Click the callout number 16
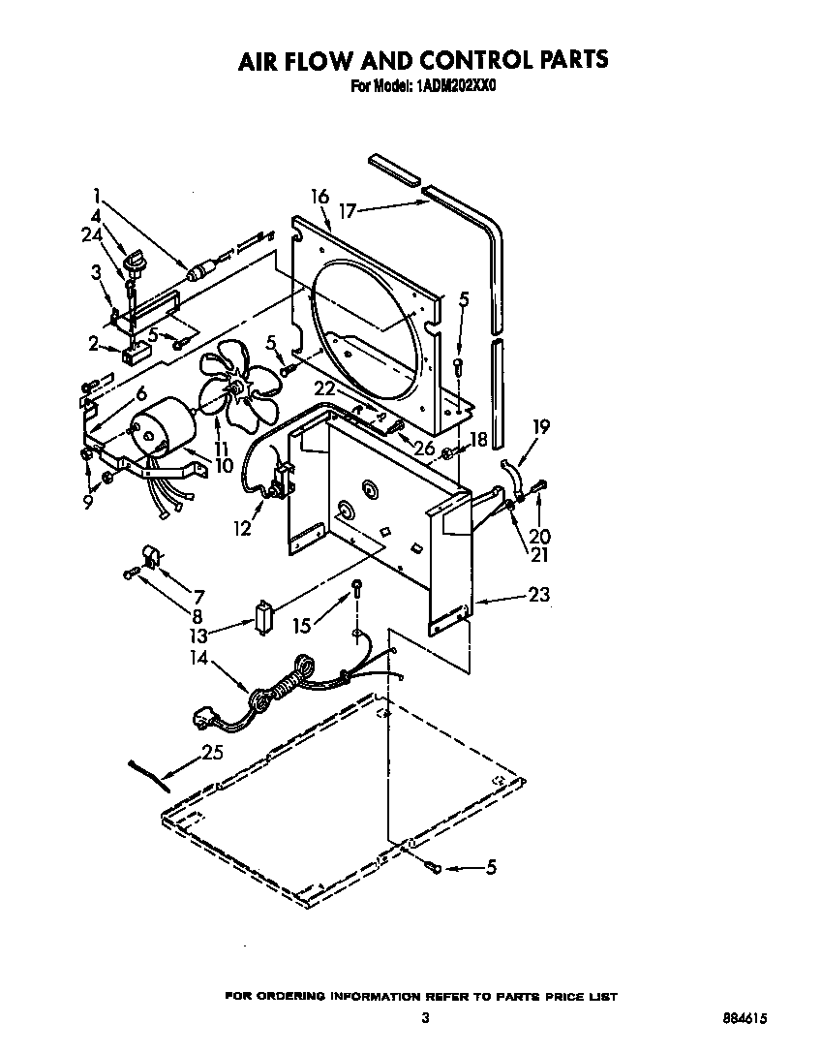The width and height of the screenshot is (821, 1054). pyautogui.click(x=319, y=197)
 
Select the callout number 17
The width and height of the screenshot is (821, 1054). pyautogui.click(x=348, y=209)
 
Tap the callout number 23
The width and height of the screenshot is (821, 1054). pyautogui.click(x=538, y=595)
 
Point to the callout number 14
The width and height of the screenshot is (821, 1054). pyautogui.click(x=198, y=656)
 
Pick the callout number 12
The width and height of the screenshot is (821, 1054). pyautogui.click(x=241, y=528)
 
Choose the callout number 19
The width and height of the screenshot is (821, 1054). pyautogui.click(x=540, y=425)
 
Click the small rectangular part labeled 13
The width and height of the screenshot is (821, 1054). pyautogui.click(x=263, y=617)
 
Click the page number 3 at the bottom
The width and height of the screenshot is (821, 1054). pyautogui.click(x=424, y=1017)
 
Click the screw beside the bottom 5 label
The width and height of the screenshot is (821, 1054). pyautogui.click(x=434, y=868)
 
